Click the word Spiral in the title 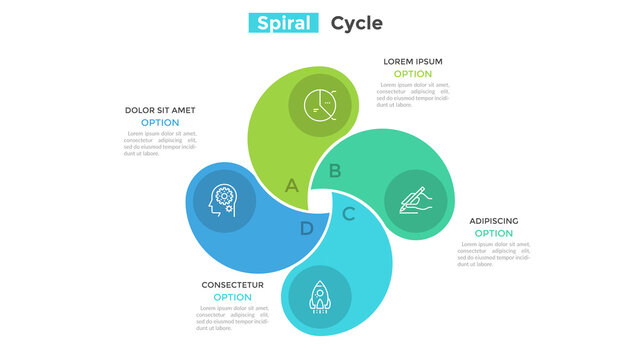click(285, 23)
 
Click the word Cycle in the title click(356, 23)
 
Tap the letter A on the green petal click(291, 185)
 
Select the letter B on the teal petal click(335, 171)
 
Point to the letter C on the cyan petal click(348, 213)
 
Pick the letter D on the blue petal click(306, 228)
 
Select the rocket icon click(320, 296)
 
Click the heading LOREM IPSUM click(412, 61)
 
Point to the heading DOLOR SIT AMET click(160, 110)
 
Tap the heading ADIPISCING click(494, 221)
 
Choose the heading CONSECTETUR click(232, 285)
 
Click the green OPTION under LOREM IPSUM click(412, 74)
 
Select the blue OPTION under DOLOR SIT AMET click(160, 123)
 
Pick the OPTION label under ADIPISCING click(494, 234)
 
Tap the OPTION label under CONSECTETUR click(232, 297)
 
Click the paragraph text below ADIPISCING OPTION click(495, 254)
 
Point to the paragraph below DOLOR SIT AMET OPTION click(160, 143)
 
